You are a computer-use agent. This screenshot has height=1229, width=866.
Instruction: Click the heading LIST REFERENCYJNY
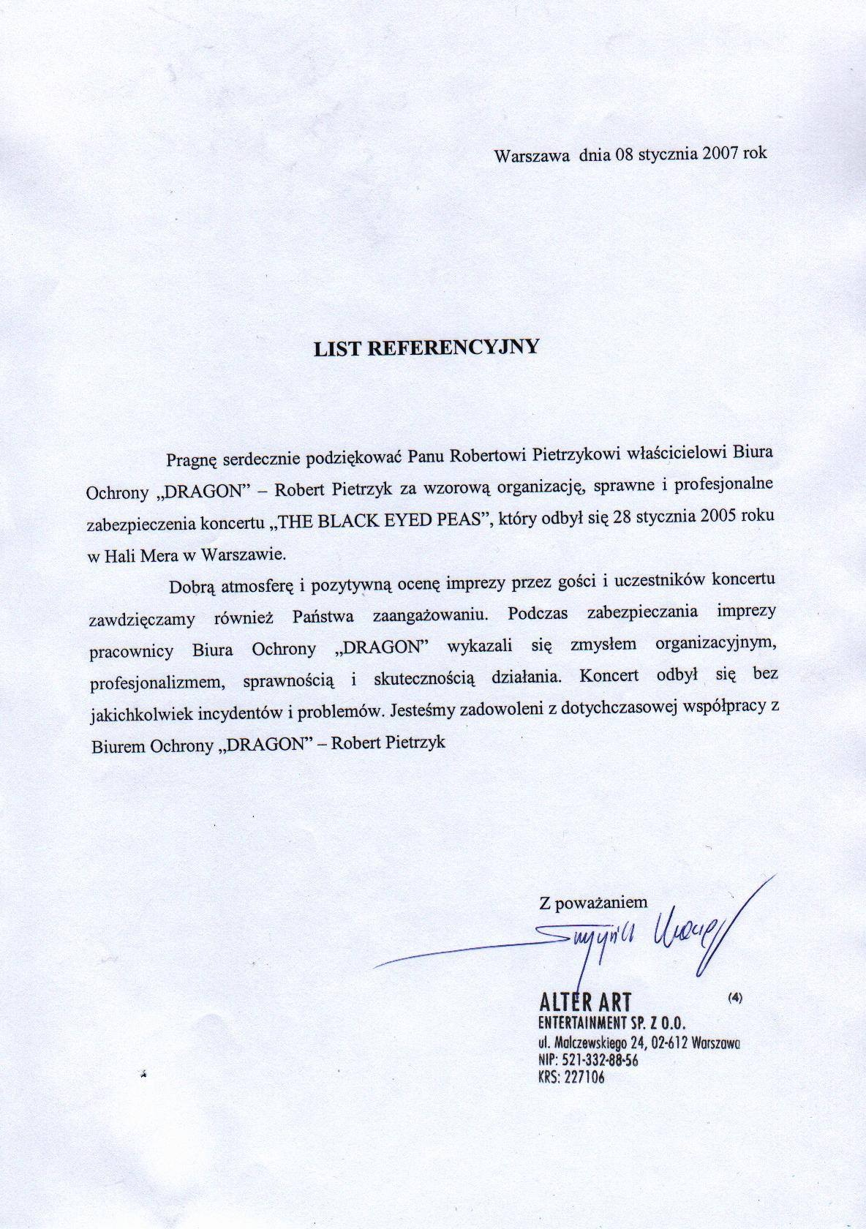pyautogui.click(x=426, y=347)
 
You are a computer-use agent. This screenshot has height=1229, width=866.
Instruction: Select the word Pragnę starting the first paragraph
pyautogui.click(x=192, y=459)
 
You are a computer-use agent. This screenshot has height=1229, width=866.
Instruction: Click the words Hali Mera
pyautogui.click(x=138, y=555)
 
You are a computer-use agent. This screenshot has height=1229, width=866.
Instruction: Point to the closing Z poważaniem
pyautogui.click(x=593, y=902)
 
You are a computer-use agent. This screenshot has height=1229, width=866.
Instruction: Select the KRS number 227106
pyautogui.click(x=582, y=1077)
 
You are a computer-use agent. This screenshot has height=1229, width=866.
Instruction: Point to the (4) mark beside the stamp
pyautogui.click(x=735, y=996)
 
